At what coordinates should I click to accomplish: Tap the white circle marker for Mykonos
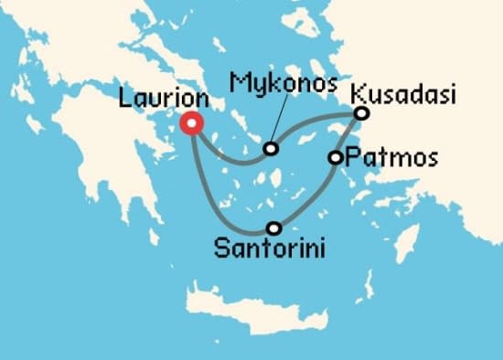[271, 149]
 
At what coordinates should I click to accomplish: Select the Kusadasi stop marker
[361, 113]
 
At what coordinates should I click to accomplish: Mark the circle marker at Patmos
[336, 158]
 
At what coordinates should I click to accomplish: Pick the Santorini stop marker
[273, 228]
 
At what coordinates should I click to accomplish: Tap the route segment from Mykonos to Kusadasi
[316, 127]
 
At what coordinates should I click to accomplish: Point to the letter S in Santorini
[220, 247]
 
